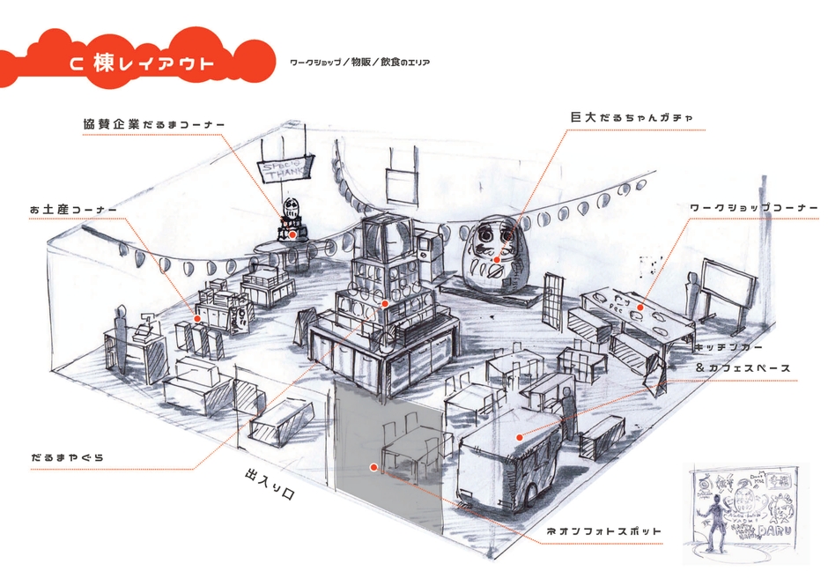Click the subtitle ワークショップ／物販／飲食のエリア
tap(359, 63)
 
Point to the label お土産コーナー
tap(73, 210)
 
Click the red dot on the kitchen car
tap(520, 436)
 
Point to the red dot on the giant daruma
tap(498, 260)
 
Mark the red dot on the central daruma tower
tap(385, 303)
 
